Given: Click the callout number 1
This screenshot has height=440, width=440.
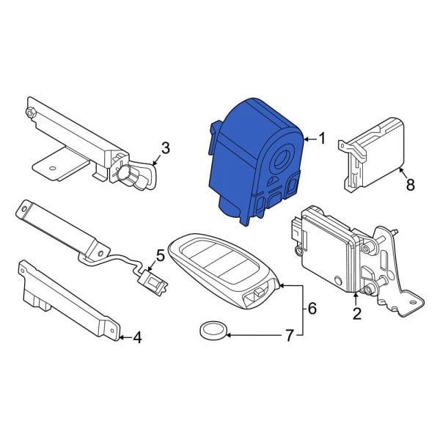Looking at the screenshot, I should (320, 138).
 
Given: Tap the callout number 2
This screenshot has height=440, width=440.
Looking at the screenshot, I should (357, 315).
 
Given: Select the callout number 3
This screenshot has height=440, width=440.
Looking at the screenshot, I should (165, 148).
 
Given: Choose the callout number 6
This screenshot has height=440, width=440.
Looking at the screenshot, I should (311, 309).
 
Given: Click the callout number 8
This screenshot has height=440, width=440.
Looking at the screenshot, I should (410, 184).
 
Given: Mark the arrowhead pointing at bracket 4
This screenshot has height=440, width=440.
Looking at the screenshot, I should (120, 337).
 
